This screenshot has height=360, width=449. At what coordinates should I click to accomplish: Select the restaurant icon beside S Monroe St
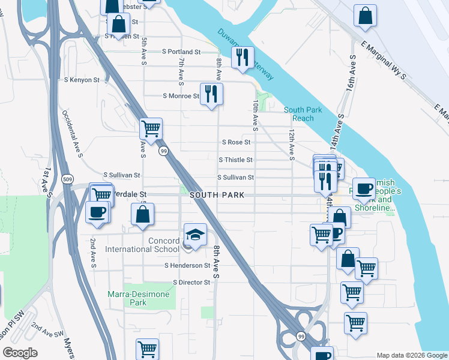[x=211, y=94]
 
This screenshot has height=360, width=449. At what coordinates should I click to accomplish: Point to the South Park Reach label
[x=303, y=114]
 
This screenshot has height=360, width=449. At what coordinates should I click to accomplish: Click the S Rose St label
[x=236, y=143]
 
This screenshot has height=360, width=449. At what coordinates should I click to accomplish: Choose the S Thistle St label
[x=236, y=160]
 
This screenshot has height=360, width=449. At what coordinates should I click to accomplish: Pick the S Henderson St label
[x=187, y=265]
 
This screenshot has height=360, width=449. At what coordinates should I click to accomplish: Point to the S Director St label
[x=191, y=282]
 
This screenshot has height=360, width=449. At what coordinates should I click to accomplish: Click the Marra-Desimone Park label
[x=138, y=298]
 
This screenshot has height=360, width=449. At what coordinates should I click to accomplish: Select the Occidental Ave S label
[x=72, y=134]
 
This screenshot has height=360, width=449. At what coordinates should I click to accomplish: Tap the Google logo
[x=20, y=353]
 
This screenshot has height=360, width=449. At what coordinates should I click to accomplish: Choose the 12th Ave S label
[x=292, y=144]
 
